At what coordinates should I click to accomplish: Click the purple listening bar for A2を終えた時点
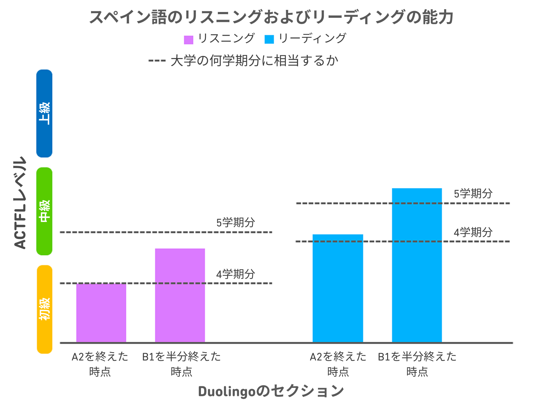pos(101,312)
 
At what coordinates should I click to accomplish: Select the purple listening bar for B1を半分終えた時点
pos(180,295)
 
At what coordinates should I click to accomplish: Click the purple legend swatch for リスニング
pos(188,40)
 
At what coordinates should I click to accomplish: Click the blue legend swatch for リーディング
pos(269,39)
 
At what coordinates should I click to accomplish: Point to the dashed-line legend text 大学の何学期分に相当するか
pos(254,61)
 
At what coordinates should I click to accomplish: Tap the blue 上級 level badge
pos(44,113)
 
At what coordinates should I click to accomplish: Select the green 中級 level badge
pos(44,211)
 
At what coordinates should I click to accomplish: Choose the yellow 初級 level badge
pos(44,309)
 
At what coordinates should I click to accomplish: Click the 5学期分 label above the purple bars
pos(236,222)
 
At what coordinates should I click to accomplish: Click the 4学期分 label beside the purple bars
pos(236,274)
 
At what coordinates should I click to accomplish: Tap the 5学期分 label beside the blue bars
pos(473,194)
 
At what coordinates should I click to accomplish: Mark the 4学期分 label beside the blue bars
pos(473,232)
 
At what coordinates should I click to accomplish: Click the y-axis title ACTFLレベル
pos(20,203)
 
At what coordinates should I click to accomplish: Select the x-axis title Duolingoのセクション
pos(271,391)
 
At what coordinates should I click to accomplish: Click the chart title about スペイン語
pos(271,17)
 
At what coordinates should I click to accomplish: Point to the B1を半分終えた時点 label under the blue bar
pos(417,364)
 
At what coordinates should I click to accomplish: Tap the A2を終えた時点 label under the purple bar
pos(100,364)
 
